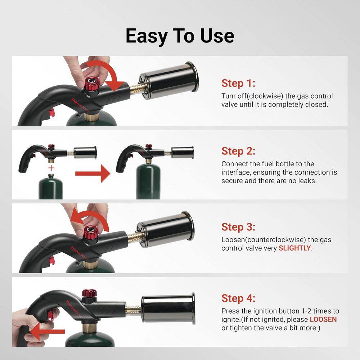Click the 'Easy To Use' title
(180, 36)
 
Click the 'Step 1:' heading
(238, 83)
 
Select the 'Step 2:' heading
(238, 150)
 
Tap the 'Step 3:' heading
(238, 227)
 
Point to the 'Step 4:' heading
(238, 298)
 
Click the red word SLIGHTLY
(294, 248)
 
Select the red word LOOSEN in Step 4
(323, 319)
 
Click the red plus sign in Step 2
(52, 168)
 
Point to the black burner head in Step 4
(168, 308)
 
